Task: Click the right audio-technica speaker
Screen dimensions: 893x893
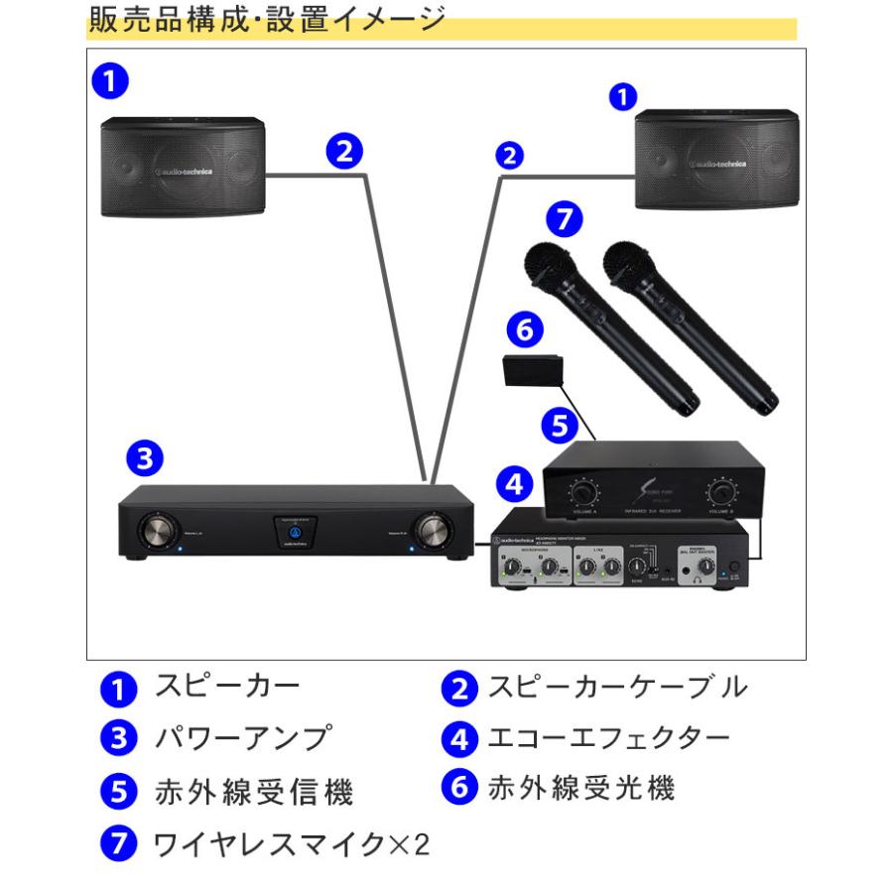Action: [x=715, y=160]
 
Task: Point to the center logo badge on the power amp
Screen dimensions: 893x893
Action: [x=294, y=533]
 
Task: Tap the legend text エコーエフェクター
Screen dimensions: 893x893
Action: [x=608, y=738]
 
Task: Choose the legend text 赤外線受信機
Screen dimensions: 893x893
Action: [x=254, y=792]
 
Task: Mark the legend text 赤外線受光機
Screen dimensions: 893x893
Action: [x=580, y=789]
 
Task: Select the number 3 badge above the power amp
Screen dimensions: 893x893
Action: [x=145, y=458]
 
